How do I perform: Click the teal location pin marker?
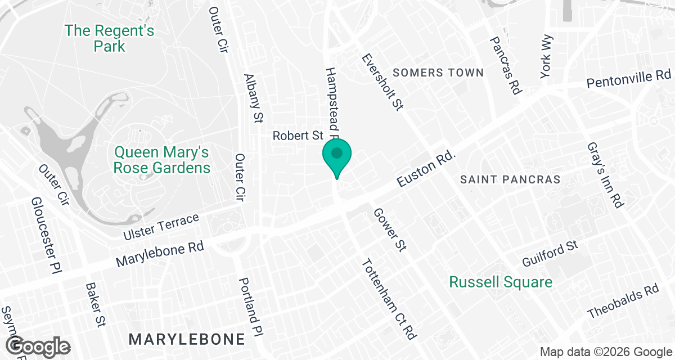pos(337,157)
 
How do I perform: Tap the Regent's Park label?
pos(109,38)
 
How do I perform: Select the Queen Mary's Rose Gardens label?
pos(162,160)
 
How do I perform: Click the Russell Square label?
pos(501,282)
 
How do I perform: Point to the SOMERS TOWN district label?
pos(438,73)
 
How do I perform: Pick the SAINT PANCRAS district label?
pos(510,179)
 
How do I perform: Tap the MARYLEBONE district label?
pos(187,339)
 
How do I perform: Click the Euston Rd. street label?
pos(425,168)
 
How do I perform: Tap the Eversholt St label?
pos(384,82)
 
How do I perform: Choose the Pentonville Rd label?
pos(629,79)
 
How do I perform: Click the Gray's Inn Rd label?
pos(604,175)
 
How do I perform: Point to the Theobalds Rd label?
pos(623,301)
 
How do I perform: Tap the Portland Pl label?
pos(251,306)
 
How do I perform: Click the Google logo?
pos(39,345)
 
